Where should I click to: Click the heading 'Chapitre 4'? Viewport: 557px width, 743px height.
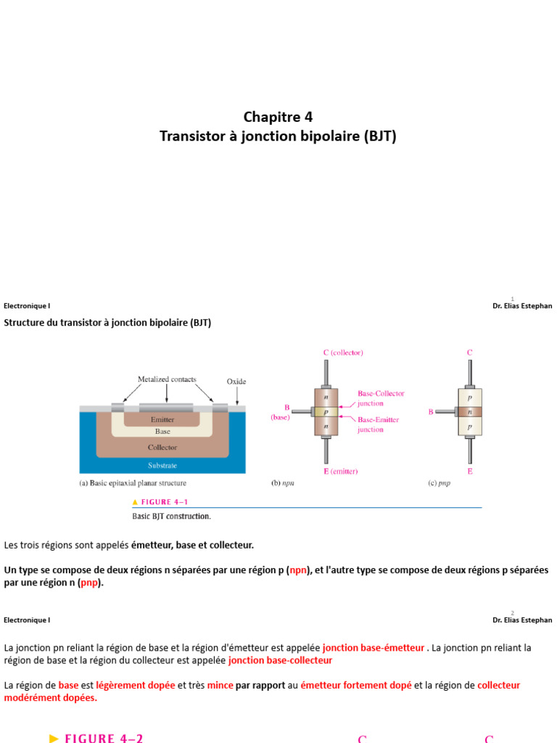click(x=278, y=117)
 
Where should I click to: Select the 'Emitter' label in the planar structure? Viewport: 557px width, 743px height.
click(x=162, y=419)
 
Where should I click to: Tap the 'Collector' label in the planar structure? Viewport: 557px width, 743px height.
click(x=162, y=447)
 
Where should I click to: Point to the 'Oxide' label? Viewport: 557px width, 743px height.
click(x=237, y=380)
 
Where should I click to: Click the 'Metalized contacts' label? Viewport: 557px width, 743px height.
click(x=167, y=379)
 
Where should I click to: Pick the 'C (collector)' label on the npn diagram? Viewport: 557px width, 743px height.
click(x=343, y=353)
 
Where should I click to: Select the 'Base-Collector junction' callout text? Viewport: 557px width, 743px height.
click(x=381, y=398)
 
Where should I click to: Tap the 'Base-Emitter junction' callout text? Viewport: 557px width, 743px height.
click(x=378, y=424)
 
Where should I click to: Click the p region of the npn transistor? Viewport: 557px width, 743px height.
click(x=326, y=411)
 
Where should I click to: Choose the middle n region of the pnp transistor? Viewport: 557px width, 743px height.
click(x=470, y=411)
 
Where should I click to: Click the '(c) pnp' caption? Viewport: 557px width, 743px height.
click(x=439, y=483)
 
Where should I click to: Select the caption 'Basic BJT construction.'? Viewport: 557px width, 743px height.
click(x=171, y=517)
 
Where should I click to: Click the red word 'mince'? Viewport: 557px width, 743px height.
click(x=220, y=685)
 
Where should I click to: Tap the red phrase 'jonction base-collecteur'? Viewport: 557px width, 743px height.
click(x=280, y=660)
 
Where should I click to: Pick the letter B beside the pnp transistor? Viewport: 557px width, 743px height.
click(x=431, y=412)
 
